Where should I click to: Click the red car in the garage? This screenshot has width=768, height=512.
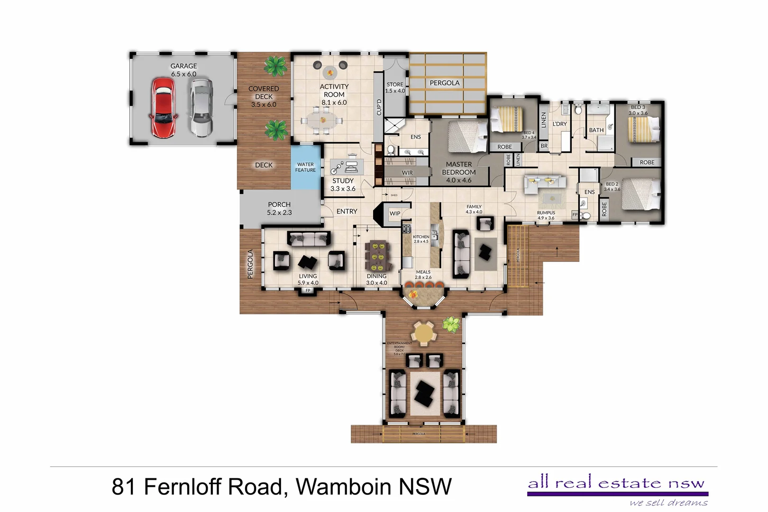pyautogui.click(x=163, y=108)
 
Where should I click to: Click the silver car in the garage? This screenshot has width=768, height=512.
pyautogui.click(x=201, y=108)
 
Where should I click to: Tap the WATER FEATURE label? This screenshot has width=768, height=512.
pyautogui.click(x=305, y=167)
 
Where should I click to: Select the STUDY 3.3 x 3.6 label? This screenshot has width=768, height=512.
pyautogui.click(x=343, y=184)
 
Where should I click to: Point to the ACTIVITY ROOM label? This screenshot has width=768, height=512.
pyautogui.click(x=334, y=94)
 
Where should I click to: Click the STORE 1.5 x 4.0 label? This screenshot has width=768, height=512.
pyautogui.click(x=395, y=88)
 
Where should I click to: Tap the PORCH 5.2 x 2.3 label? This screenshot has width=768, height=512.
pyautogui.click(x=279, y=209)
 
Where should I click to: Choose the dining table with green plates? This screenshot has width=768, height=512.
pyautogui.click(x=376, y=256)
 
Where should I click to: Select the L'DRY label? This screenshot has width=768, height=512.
pyautogui.click(x=559, y=124)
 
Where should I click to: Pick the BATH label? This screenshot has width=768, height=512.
pyautogui.click(x=596, y=130)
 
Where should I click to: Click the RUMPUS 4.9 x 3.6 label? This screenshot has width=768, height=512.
pyautogui.click(x=546, y=215)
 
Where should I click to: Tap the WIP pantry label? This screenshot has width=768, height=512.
pyautogui.click(x=395, y=213)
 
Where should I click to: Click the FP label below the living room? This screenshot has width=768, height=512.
pyautogui.click(x=308, y=291)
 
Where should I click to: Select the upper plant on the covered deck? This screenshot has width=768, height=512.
pyautogui.click(x=275, y=66)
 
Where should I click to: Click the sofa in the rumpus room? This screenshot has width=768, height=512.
pyautogui.click(x=544, y=184)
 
